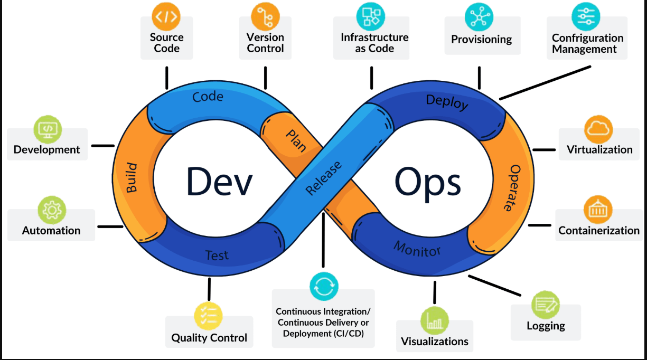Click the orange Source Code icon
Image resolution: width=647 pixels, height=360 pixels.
click(166, 16)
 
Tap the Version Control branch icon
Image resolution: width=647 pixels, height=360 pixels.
click(265, 16)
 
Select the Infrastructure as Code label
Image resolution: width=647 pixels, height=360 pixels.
click(374, 43)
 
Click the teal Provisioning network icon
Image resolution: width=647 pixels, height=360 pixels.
click(479, 16)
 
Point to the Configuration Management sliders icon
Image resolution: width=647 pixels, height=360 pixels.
click(586, 16)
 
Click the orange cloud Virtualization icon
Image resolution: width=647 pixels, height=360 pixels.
click(598, 128)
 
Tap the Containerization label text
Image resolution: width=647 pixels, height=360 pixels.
click(599, 231)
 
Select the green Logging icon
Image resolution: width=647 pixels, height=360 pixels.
click(545, 305)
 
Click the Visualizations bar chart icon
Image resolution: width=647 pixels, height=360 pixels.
click(435, 320)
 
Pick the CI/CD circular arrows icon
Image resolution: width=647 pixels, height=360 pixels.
click(324, 287)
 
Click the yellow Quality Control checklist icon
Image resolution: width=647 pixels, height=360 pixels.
click(209, 316)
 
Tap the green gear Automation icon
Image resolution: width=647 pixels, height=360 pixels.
click(52, 210)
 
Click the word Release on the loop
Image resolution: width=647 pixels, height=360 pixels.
click(324, 178)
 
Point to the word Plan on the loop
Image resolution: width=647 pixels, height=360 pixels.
click(296, 141)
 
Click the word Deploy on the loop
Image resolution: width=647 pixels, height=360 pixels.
click(447, 102)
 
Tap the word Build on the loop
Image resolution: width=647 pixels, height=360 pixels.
click(131, 178)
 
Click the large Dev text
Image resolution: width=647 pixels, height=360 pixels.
click(219, 182)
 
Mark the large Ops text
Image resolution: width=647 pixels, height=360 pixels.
click(428, 183)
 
